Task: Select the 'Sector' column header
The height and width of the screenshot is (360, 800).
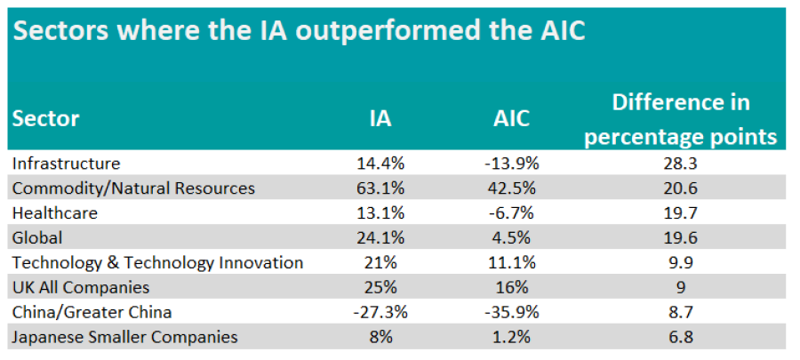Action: pos(45,118)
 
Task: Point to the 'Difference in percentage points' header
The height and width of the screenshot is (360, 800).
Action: pos(681,119)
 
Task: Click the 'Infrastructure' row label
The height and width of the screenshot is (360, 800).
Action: pos(66,164)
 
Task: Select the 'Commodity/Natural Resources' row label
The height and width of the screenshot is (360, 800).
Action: pos(133,188)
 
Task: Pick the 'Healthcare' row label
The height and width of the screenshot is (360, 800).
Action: pos(54,213)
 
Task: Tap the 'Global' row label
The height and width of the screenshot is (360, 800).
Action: pos(36,238)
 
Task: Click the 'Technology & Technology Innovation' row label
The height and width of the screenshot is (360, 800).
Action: pos(158,263)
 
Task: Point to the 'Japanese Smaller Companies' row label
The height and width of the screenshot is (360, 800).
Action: pos(124,338)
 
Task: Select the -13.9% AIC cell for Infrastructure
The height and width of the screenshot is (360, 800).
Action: pos(510,164)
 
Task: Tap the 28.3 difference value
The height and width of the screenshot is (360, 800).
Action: pos(681,164)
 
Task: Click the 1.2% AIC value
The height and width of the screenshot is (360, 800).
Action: pos(510,338)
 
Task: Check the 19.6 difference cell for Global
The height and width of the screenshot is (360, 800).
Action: pos(681,238)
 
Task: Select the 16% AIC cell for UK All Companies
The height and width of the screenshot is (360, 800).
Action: pos(510,288)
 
